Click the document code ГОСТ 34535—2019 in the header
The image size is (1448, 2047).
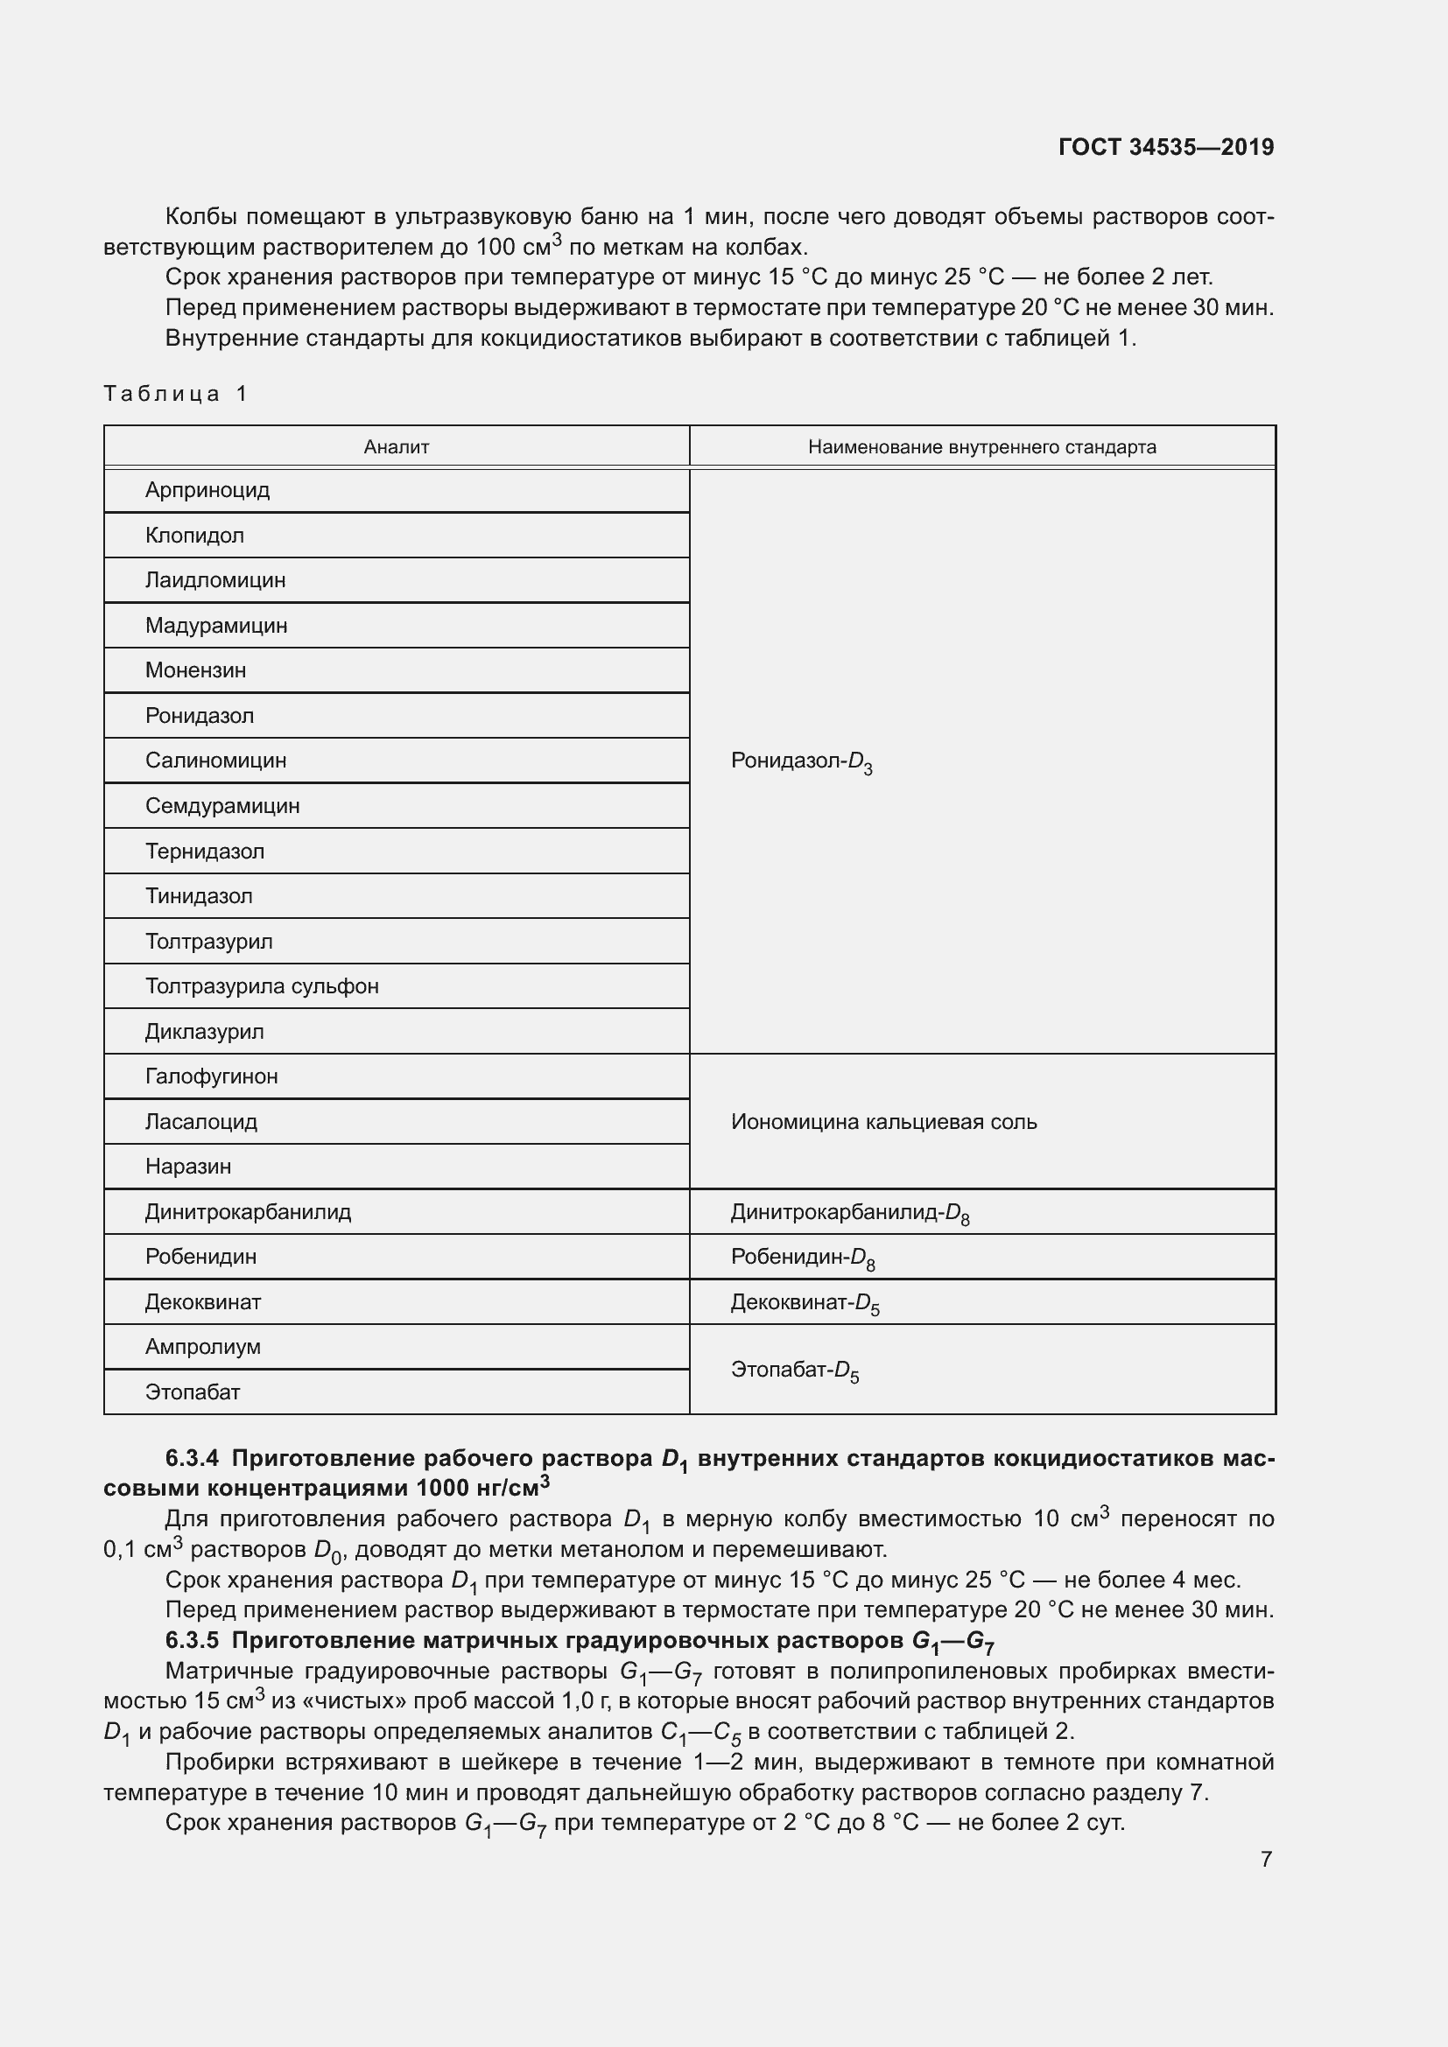pyautogui.click(x=1165, y=147)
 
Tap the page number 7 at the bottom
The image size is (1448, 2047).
pyautogui.click(x=1266, y=1859)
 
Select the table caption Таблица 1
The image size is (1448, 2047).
pyautogui.click(x=175, y=393)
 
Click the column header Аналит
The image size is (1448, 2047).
pyautogui.click(x=396, y=446)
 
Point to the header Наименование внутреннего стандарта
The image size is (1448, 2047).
pyautogui.click(x=981, y=446)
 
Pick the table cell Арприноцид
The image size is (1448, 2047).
pyautogui.click(x=207, y=490)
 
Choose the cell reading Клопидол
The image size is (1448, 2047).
pyautogui.click(x=194, y=535)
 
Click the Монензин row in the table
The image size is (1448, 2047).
pyautogui.click(x=195, y=670)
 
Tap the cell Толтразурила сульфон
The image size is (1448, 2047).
pyautogui.click(x=262, y=986)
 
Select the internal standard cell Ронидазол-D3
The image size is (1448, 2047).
pyautogui.click(x=801, y=761)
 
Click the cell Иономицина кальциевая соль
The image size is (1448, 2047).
pyautogui.click(x=883, y=1122)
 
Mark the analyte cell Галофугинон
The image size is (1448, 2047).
pyautogui.click(x=211, y=1076)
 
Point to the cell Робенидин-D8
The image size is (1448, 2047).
pyautogui.click(x=803, y=1257)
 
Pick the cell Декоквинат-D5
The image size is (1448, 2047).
pyautogui.click(x=805, y=1302)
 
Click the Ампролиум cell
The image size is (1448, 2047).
pyautogui.click(x=203, y=1346)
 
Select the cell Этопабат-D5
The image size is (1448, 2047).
pyautogui.click(x=794, y=1370)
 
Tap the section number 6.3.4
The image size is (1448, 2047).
pyautogui.click(x=192, y=1459)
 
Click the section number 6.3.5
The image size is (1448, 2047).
pyautogui.click(x=192, y=1640)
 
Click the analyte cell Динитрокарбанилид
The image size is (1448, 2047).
pyautogui.click(x=248, y=1211)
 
